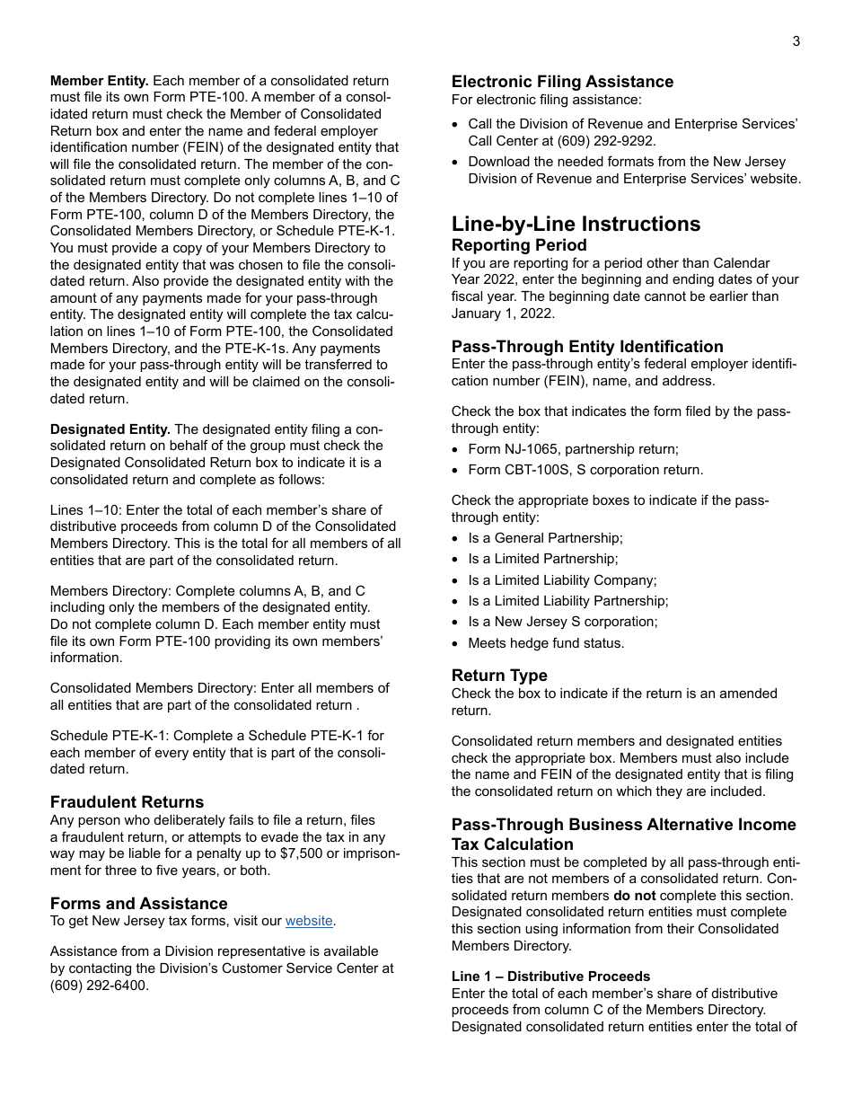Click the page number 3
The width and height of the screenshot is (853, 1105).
click(796, 41)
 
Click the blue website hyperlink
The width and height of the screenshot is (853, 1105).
click(309, 921)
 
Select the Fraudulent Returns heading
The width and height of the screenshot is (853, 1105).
click(127, 802)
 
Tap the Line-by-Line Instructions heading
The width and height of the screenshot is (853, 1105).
click(576, 224)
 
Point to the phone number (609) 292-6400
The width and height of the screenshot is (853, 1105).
click(99, 985)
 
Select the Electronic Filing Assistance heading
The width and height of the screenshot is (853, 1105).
click(562, 82)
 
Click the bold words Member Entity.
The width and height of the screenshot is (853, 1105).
click(100, 81)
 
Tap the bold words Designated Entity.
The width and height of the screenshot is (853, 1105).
click(110, 429)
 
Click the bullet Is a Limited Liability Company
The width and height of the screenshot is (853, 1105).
click(562, 580)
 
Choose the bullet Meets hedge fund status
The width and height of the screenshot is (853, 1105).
click(546, 643)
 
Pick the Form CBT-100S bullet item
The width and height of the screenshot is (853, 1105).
click(585, 470)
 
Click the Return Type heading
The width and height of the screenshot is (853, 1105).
click(499, 676)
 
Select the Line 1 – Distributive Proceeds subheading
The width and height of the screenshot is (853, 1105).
click(550, 977)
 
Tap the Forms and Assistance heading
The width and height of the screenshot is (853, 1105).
click(138, 904)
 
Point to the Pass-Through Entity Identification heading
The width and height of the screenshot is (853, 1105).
click(587, 347)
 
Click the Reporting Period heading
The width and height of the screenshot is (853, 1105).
click(519, 245)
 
